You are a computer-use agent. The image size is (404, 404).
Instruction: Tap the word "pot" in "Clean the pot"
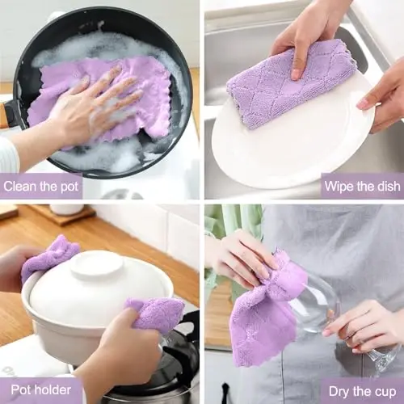[69, 186]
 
